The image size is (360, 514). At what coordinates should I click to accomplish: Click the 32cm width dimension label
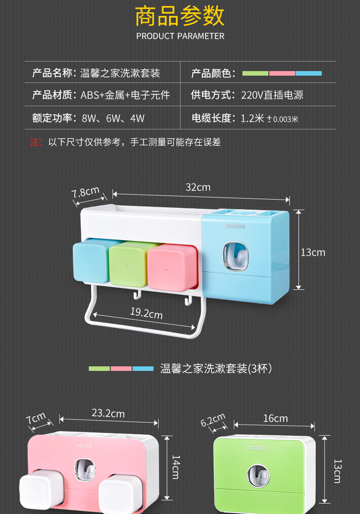point(198,187)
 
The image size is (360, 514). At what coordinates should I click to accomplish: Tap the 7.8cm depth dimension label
point(86,192)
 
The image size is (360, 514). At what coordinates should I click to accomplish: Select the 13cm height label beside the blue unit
point(313,252)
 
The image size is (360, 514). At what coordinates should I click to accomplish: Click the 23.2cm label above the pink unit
point(108,413)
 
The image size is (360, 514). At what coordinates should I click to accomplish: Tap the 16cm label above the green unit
point(275,418)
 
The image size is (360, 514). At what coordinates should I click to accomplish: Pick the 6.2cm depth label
point(213,420)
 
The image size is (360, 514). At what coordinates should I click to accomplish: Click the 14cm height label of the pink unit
point(176,467)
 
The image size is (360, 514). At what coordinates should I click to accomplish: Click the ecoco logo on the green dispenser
point(258,447)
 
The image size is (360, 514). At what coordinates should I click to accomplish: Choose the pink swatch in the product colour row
point(282,73)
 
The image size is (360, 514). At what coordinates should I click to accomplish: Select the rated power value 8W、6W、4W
point(113,118)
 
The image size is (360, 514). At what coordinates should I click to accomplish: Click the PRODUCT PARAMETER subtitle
point(180,36)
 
